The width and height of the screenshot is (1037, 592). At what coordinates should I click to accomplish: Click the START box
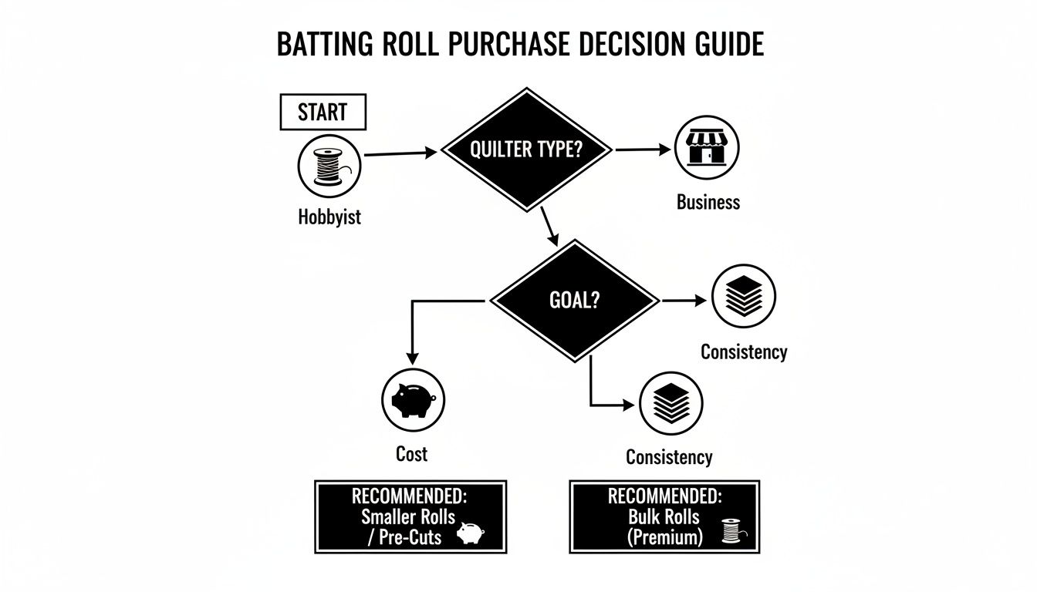click(x=322, y=113)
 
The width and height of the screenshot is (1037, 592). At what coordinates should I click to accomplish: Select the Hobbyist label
click(x=329, y=217)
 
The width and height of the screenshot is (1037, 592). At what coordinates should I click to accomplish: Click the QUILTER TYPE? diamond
click(x=526, y=149)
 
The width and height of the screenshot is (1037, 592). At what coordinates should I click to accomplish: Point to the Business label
click(x=708, y=202)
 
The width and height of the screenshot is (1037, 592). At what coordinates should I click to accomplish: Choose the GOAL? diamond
click(x=574, y=300)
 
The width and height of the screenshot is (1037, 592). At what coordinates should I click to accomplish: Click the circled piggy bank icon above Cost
click(x=414, y=399)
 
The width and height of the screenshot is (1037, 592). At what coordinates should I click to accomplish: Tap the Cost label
click(x=411, y=453)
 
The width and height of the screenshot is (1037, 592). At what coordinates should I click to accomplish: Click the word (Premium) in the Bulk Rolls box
click(x=665, y=536)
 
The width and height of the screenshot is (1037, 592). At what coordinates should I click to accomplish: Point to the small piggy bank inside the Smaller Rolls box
click(x=470, y=533)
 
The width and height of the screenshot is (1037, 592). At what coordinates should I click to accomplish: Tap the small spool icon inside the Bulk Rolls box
click(x=729, y=531)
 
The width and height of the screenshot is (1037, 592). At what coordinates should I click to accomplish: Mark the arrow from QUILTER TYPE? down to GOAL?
click(x=550, y=227)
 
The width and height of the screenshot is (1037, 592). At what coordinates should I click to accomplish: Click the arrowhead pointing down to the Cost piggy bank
click(x=412, y=357)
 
